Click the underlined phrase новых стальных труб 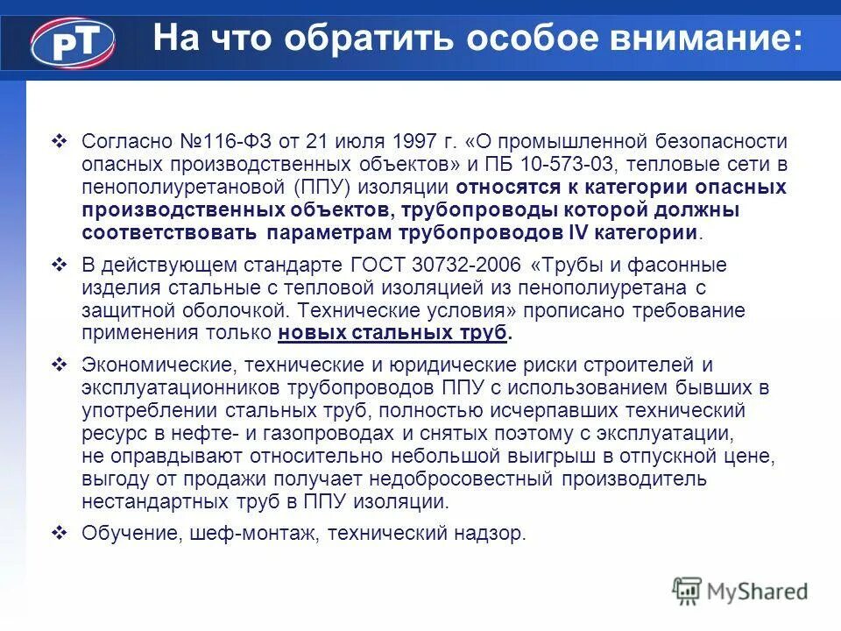[x=392, y=333]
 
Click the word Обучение [x=131, y=533]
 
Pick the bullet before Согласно [x=60, y=141]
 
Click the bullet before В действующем [x=60, y=265]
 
